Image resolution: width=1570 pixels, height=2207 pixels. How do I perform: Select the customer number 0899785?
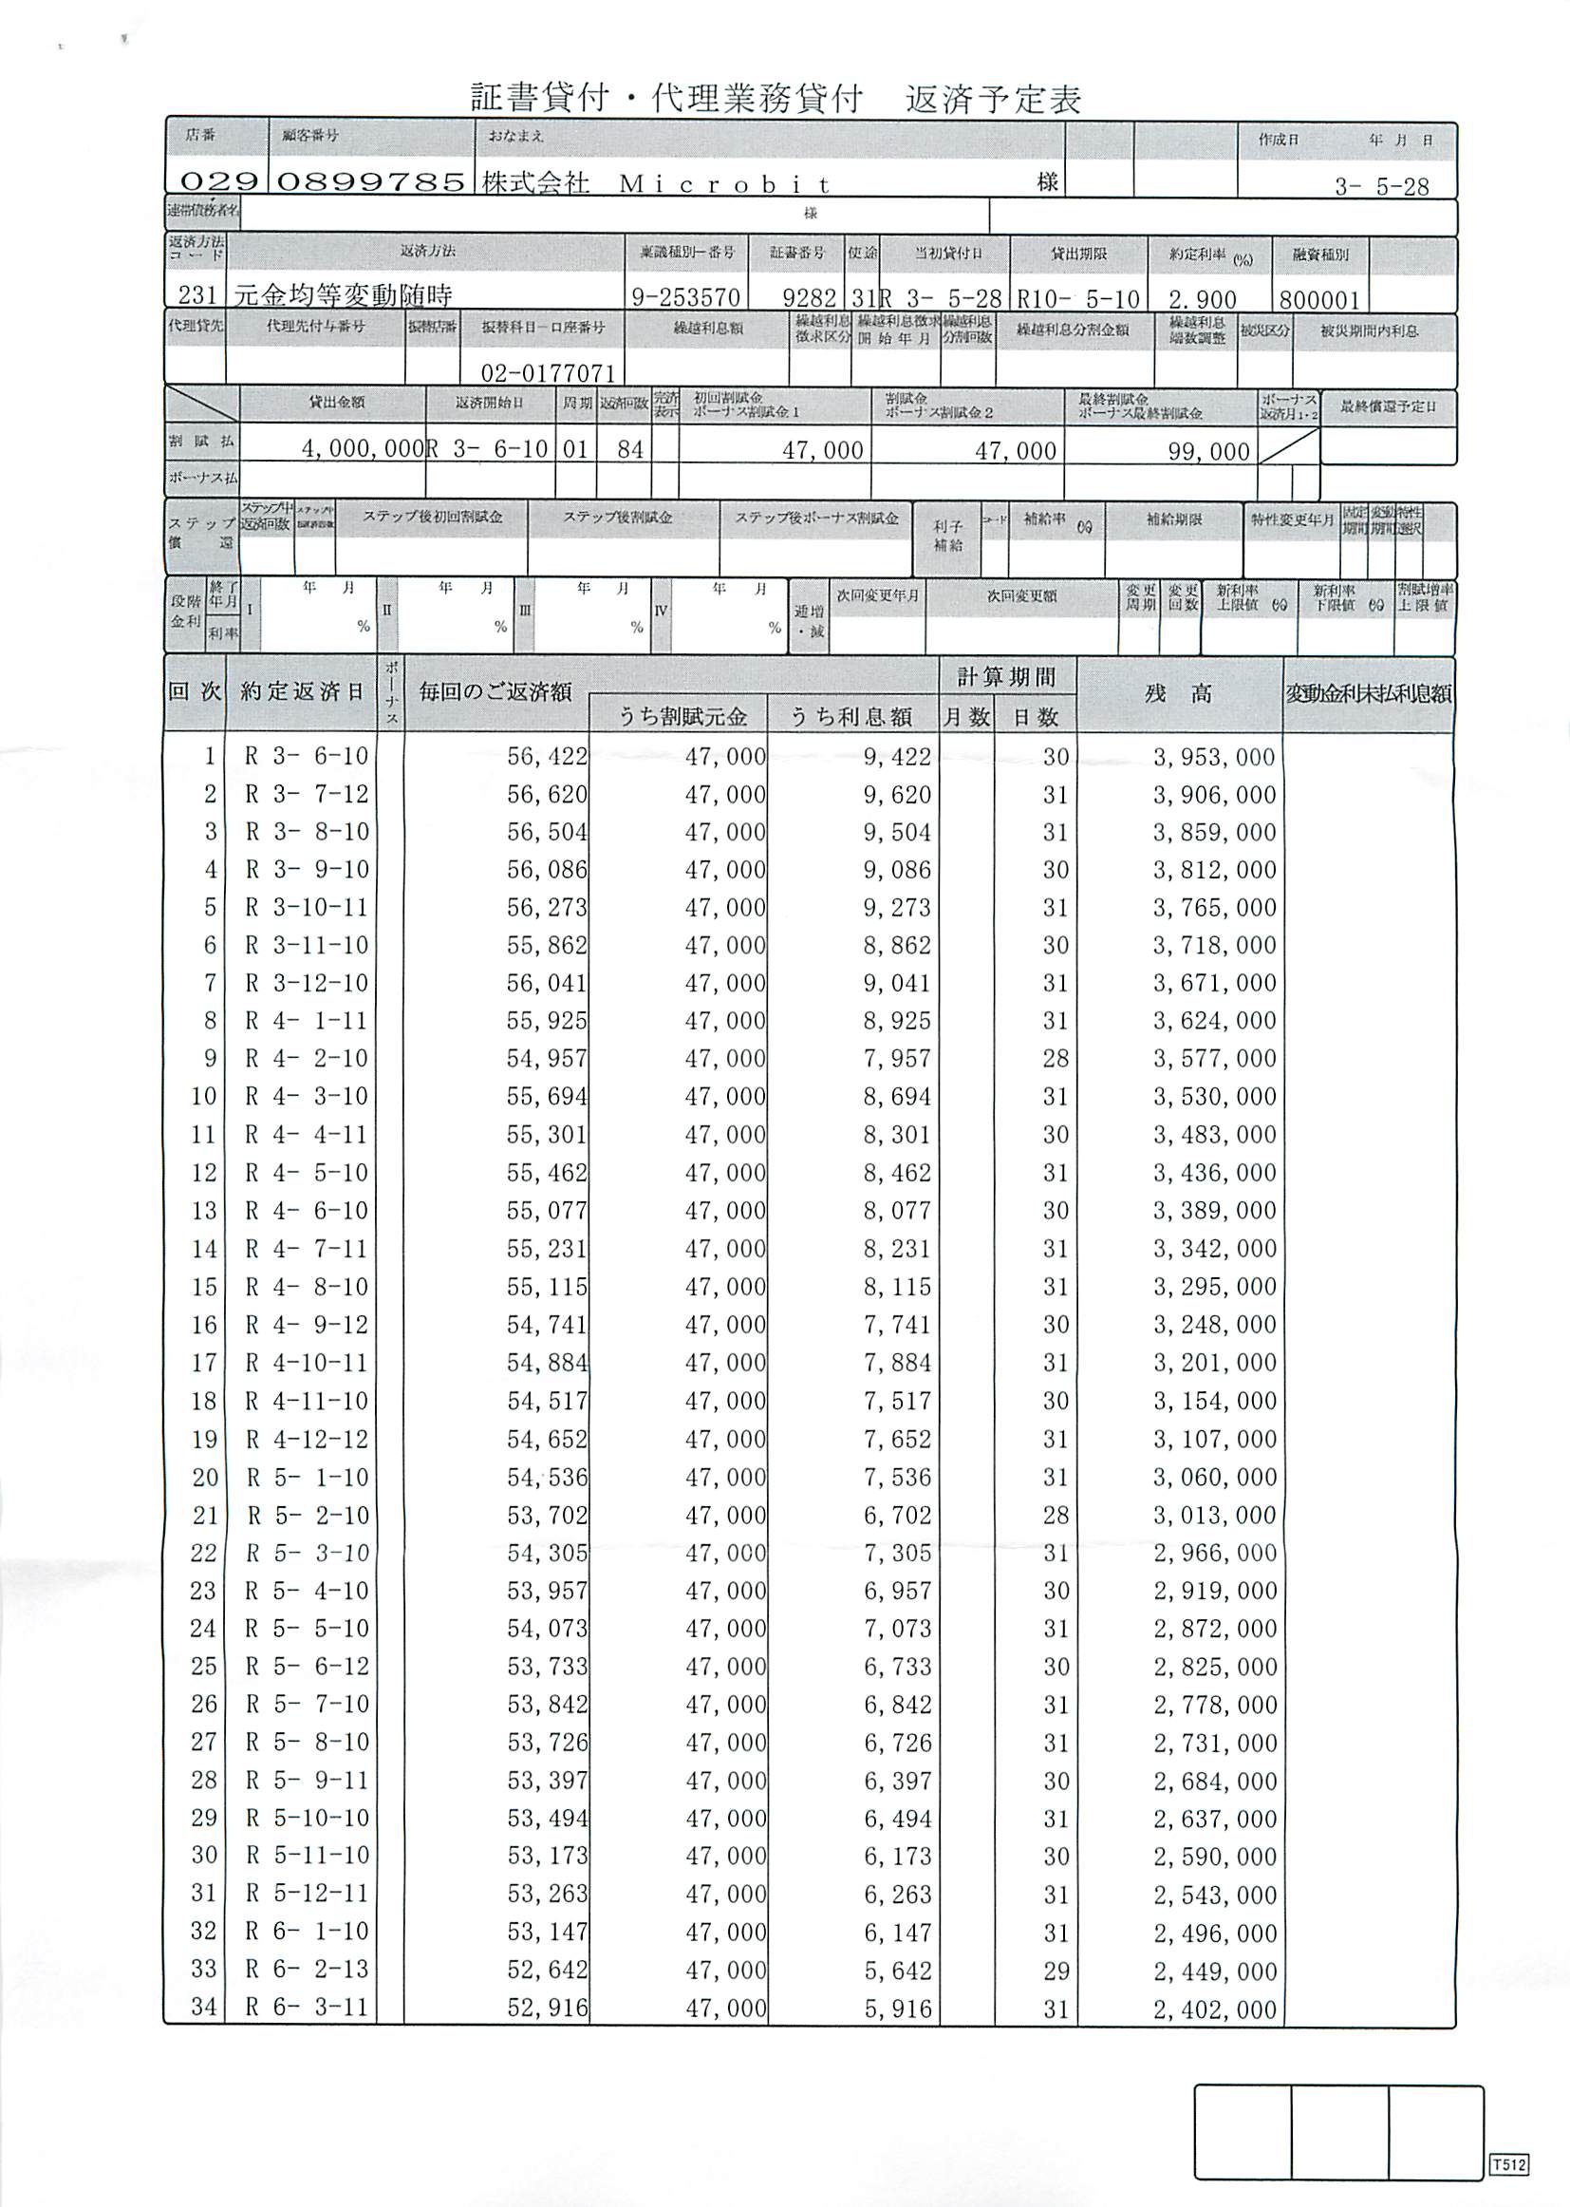click(x=371, y=180)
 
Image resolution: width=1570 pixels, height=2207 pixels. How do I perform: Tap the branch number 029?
click(x=218, y=180)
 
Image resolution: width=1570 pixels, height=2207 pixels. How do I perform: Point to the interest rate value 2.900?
click(x=1203, y=299)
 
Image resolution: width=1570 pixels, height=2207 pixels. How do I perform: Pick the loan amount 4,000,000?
click(x=363, y=449)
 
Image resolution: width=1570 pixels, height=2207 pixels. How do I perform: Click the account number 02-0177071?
click(x=547, y=372)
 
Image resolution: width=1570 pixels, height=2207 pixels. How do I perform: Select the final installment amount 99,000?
click(x=1208, y=451)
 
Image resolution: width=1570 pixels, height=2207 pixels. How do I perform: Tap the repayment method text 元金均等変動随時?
click(x=344, y=295)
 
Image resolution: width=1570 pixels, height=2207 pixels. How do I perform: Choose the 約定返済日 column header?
click(x=302, y=691)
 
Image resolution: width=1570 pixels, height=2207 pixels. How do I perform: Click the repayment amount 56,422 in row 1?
click(x=547, y=756)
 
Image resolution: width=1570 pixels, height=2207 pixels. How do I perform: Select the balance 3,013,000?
click(x=1214, y=1516)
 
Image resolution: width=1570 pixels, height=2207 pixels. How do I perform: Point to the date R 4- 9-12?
click(x=307, y=1325)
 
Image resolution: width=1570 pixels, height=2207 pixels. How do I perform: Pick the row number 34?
click(x=203, y=2008)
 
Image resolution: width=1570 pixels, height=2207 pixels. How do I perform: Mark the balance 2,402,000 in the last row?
click(x=1214, y=2009)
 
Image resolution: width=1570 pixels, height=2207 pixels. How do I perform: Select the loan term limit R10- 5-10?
click(x=1078, y=299)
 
